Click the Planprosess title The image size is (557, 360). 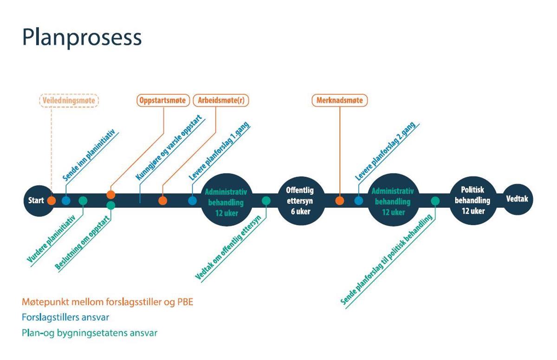[82, 38]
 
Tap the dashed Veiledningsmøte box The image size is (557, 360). [69, 101]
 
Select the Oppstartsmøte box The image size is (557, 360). [163, 100]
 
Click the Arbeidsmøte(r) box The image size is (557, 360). [221, 100]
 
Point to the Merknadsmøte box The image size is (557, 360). [339, 100]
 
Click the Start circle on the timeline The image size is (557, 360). [39, 201]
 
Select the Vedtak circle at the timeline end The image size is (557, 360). [518, 199]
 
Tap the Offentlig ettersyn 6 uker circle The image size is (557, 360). [300, 201]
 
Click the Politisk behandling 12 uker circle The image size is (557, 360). [473, 200]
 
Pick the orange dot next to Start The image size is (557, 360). [52, 201]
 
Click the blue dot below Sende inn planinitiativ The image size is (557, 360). [66, 201]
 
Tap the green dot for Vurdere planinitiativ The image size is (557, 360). [83, 201]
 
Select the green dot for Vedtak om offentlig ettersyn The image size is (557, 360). [266, 201]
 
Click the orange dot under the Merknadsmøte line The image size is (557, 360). [339, 201]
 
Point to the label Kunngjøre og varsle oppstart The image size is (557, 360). [169, 148]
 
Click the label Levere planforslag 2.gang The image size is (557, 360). [386, 151]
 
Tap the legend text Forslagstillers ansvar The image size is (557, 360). [65, 317]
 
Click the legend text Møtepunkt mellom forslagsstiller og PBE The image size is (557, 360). [107, 302]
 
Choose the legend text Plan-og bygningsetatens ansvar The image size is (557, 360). [90, 333]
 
